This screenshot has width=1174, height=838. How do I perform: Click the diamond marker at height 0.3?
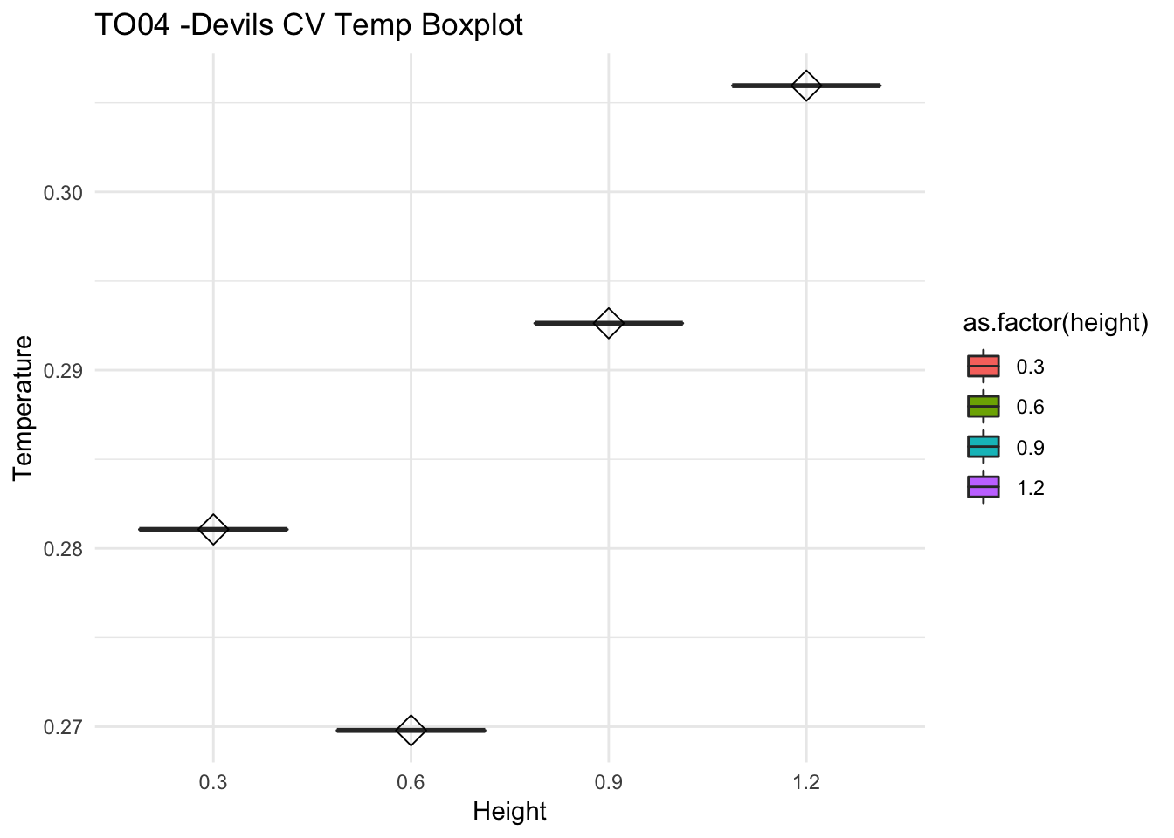click(x=213, y=529)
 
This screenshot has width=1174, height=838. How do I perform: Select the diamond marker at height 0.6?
click(x=411, y=730)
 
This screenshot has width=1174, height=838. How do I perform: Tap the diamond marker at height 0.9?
click(x=608, y=323)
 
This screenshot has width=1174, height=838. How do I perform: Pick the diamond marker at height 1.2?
click(x=805, y=86)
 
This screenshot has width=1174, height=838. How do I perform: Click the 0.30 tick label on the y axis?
click(x=63, y=192)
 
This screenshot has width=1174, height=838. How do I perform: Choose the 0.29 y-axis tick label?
click(x=63, y=371)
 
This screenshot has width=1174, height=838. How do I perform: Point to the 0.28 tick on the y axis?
click(x=63, y=549)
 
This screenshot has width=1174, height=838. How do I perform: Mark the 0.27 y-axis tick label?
click(x=63, y=727)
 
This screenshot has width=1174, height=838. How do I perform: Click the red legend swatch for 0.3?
click(x=983, y=367)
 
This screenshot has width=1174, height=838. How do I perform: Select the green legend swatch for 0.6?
click(x=983, y=407)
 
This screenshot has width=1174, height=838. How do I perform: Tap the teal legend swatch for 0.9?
click(x=983, y=448)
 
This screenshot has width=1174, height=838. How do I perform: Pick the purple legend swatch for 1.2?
click(x=983, y=488)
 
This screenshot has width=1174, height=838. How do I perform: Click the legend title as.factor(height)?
click(x=1055, y=323)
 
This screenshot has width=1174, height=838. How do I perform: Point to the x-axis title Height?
click(x=509, y=812)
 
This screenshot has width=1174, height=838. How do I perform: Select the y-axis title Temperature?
click(x=24, y=407)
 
